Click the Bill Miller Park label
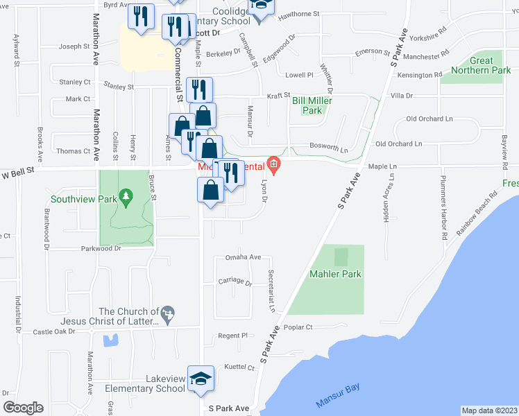312,105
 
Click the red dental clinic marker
274,164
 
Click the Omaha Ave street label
243,257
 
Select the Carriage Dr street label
235,281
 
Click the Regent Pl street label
233,336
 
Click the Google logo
23,408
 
